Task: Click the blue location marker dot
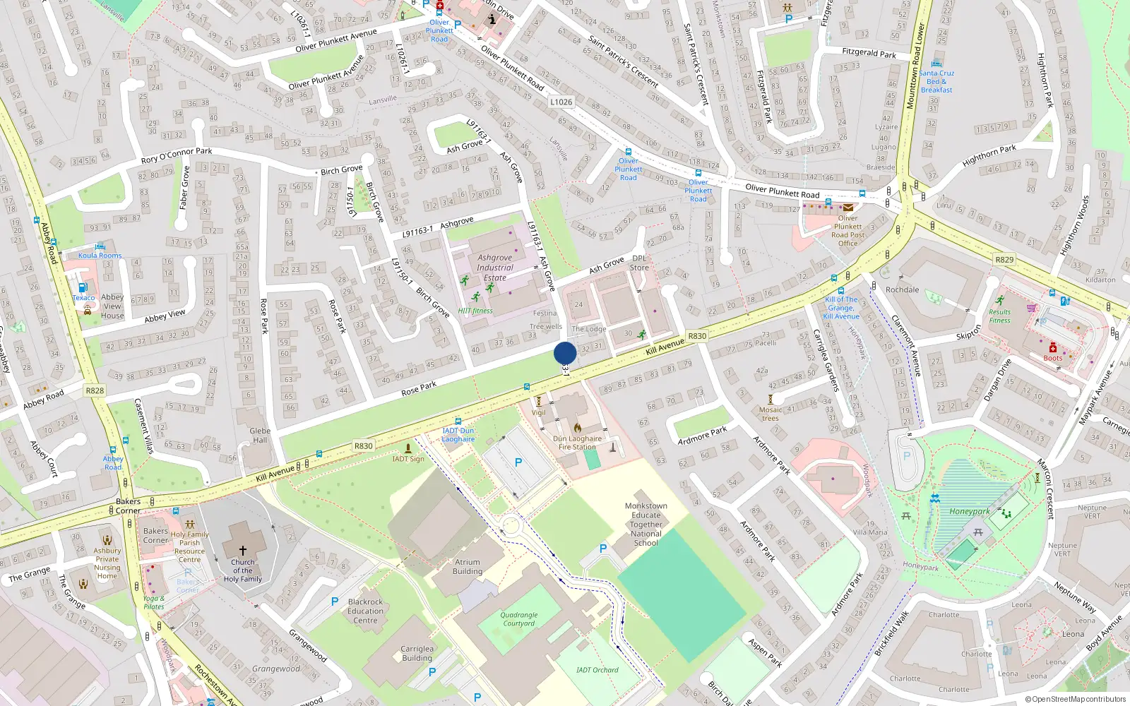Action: (565, 352)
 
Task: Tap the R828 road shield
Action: (95, 390)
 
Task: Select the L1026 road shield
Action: (561, 102)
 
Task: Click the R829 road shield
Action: (1004, 260)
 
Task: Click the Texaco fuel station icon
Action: (82, 287)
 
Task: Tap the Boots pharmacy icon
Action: (1052, 348)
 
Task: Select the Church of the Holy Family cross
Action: (242, 550)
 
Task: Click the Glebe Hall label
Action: (260, 435)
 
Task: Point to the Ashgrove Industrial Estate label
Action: (494, 268)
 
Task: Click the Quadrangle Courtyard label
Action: (519, 619)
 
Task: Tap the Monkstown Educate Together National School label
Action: (646, 525)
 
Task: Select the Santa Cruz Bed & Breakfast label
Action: (936, 81)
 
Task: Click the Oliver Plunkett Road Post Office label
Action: (847, 231)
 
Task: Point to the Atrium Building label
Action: (468, 567)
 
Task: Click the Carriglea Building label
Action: (417, 653)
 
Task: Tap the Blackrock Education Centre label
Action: (365, 611)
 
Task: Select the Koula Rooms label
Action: (100, 256)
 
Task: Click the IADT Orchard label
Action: (597, 670)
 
